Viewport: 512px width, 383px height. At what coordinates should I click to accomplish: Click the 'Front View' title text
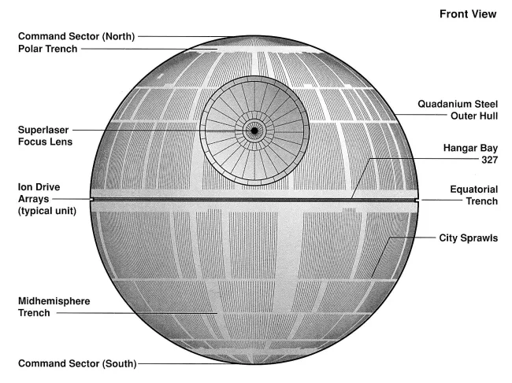click(467, 14)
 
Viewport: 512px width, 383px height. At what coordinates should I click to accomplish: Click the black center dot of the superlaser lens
click(254, 130)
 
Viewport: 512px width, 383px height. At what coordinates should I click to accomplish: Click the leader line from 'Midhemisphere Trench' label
click(134, 313)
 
